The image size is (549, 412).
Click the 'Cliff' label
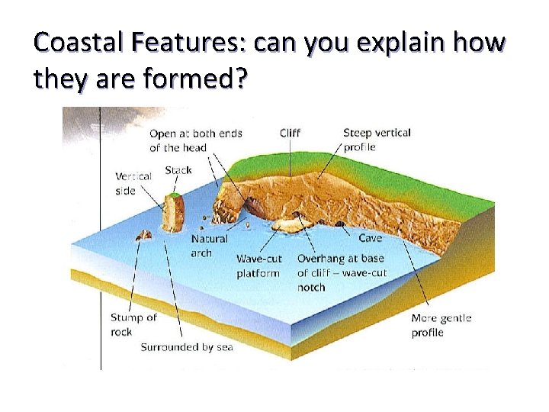point(290,133)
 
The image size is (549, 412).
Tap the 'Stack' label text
point(178,170)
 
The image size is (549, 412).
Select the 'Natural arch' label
point(209,246)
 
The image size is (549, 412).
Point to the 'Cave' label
point(371,238)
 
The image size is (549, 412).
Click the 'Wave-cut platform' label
point(258,266)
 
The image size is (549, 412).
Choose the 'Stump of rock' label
point(133,324)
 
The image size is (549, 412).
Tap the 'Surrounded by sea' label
point(187,347)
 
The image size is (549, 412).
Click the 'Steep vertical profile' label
point(377,140)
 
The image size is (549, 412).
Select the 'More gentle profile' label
point(441,325)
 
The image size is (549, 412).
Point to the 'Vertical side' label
point(133,183)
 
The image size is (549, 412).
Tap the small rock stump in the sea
point(142,237)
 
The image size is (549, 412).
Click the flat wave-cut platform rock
point(288,225)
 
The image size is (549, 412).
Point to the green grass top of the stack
point(175,196)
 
